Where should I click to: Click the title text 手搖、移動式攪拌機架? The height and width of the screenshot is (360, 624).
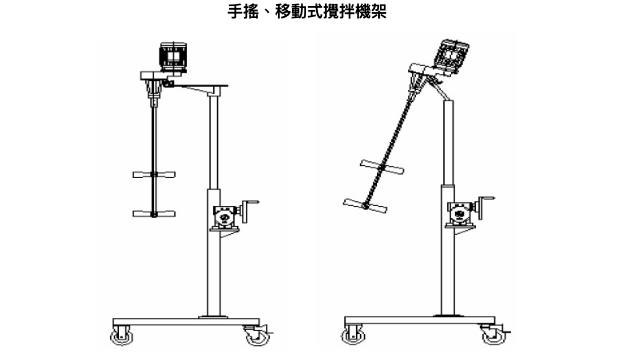[311, 13]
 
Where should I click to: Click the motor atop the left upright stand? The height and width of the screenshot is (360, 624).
[175, 56]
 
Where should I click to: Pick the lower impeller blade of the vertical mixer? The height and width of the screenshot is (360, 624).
[153, 212]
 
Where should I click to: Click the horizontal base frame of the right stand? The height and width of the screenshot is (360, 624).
[420, 322]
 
